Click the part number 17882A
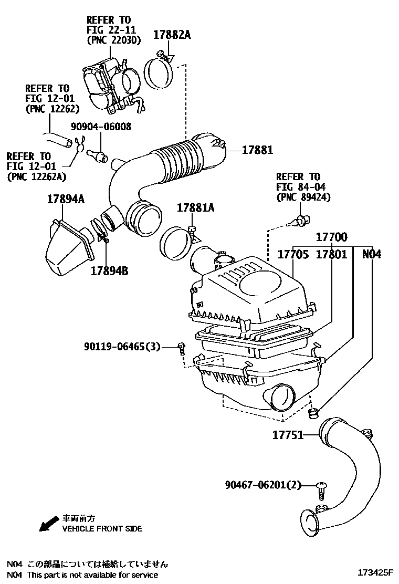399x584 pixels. click(172, 35)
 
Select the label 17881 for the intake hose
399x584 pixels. click(257, 150)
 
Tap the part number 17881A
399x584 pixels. click(195, 208)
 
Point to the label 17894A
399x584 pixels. click(66, 200)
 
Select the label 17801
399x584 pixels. click(331, 254)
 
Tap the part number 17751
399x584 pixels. click(287, 435)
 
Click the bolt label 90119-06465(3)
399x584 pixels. click(122, 347)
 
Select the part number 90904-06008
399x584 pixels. click(101, 127)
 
